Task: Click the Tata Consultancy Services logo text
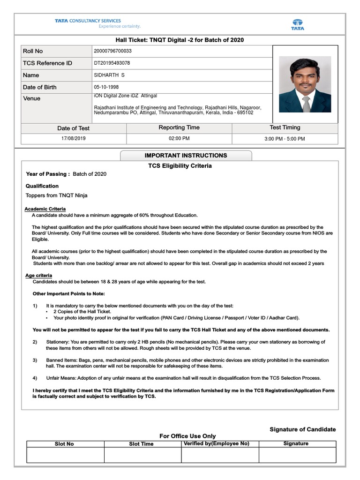88,21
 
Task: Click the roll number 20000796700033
113,51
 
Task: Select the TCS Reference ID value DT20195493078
112,63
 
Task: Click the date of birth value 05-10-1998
106,87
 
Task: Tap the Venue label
31,98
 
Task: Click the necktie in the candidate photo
306,103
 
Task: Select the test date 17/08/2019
74,139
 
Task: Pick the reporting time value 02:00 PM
179,139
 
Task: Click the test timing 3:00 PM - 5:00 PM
285,139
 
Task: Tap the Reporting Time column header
179,127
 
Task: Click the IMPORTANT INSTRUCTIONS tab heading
186,156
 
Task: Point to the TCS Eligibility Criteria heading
180,166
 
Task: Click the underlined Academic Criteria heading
45,209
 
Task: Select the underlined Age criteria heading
38,276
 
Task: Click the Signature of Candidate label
302,429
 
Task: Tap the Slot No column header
64,444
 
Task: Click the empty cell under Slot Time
142,455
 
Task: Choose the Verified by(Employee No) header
217,443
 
